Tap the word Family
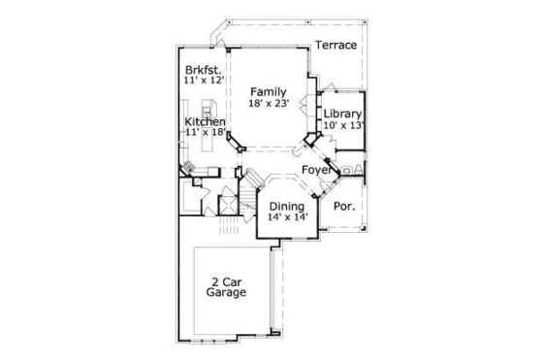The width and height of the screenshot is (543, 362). point(269,92)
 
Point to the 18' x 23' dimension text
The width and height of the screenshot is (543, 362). point(269,104)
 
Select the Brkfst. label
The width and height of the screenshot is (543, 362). point(204,71)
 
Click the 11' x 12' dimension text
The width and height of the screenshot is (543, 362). point(204,82)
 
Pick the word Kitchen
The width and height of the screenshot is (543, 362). point(205,121)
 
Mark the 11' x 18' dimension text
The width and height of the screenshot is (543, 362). point(205,132)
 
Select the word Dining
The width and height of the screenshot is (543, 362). point(286,207)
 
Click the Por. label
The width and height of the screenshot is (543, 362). point(343,206)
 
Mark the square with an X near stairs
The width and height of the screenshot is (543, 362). point(229,204)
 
